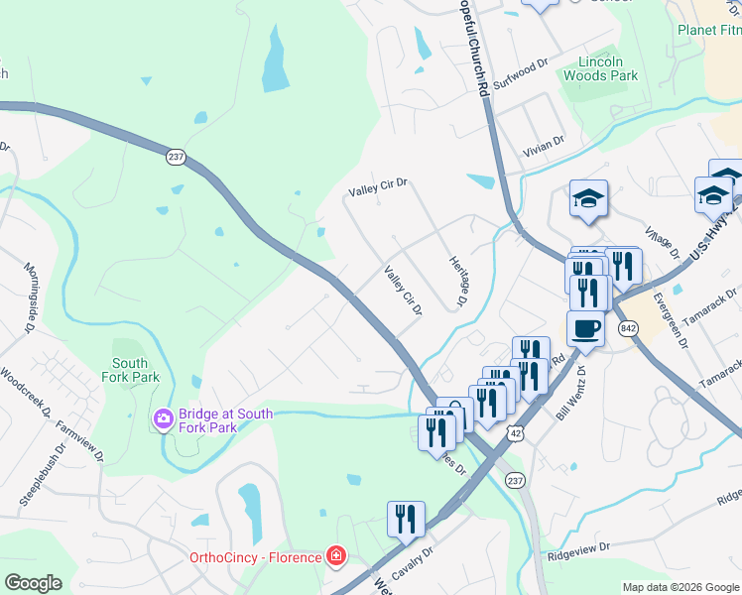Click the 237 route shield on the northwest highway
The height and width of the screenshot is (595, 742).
click(177, 157)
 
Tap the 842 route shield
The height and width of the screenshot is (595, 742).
click(627, 328)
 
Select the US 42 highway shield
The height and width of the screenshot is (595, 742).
click(513, 431)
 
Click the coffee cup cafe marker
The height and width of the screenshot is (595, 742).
click(585, 329)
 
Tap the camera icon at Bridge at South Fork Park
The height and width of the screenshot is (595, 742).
click(164, 420)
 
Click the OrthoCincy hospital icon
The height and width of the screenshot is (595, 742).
click(337, 556)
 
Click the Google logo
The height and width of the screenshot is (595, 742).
click(33, 582)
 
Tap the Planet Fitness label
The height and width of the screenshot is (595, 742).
click(709, 30)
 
